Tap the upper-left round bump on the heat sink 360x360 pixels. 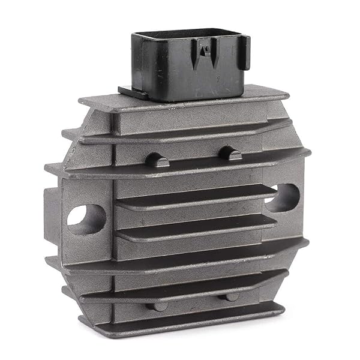156,160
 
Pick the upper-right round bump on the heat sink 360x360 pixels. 230,152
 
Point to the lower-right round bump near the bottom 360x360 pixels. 231,297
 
